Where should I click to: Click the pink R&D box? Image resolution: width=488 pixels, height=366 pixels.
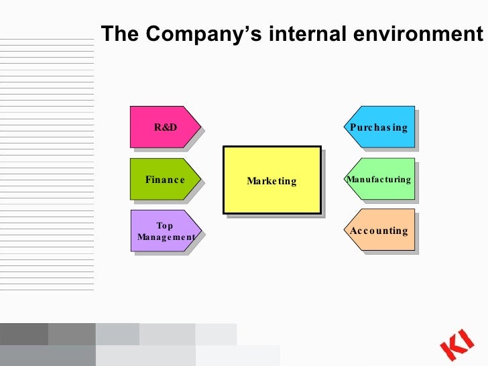pos(164,127)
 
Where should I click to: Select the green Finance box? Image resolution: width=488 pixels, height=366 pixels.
pos(164,179)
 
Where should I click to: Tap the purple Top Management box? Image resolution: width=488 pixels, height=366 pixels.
pos(164,231)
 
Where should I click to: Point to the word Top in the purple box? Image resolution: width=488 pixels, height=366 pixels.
pos(164,226)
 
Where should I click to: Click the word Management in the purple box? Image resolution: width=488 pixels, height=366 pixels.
pos(166,237)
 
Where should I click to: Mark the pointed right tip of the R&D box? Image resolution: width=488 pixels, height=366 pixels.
pos(200,127)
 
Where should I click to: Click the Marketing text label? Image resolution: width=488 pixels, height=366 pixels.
pos(271,181)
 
